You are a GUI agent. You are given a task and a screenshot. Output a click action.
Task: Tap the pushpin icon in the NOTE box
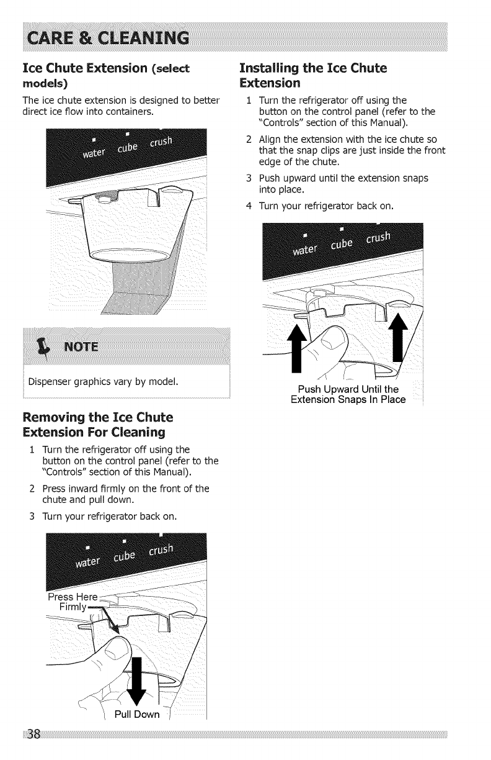44,345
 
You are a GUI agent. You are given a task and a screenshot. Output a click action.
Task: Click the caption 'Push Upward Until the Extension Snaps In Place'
348,395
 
